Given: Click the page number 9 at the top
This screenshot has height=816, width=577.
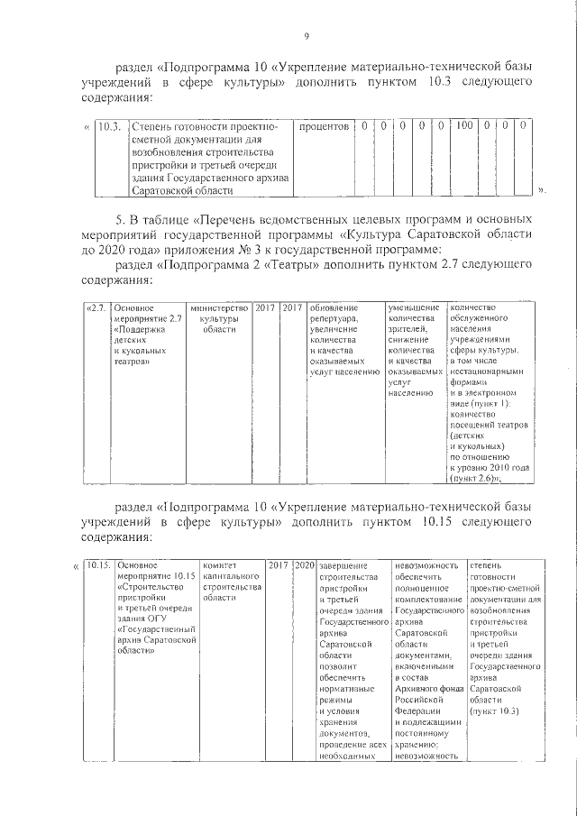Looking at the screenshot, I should (x=307, y=36).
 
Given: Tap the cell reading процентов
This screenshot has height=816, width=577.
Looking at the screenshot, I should (x=323, y=127).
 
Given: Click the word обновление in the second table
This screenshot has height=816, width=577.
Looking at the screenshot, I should (x=334, y=308).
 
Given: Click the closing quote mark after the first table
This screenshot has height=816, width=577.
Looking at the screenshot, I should (x=541, y=190).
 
